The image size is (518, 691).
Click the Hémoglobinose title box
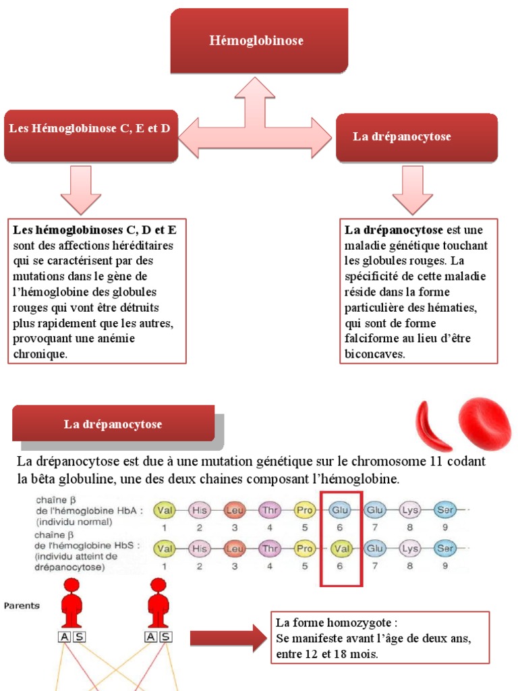click(258, 40)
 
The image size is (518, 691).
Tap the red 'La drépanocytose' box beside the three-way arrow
click(416, 137)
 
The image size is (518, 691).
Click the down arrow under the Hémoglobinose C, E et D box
click(81, 190)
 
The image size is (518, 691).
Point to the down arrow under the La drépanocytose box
click(412, 190)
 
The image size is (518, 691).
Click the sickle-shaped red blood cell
click(431, 426)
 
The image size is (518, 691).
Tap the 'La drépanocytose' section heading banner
click(113, 424)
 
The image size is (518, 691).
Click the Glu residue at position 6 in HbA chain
click(339, 510)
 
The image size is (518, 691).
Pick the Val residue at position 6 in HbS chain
click(339, 549)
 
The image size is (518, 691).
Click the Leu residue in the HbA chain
click(234, 510)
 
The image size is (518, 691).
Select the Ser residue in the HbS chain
click(444, 549)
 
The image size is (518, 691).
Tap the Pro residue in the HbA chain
click(304, 510)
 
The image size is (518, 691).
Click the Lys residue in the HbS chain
click(409, 549)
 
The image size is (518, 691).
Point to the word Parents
click(22, 605)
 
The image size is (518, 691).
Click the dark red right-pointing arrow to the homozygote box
click(228, 638)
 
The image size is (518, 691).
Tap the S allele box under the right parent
click(165, 637)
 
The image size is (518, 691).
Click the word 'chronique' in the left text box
click(40, 353)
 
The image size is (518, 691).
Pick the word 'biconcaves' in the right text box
click(375, 353)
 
